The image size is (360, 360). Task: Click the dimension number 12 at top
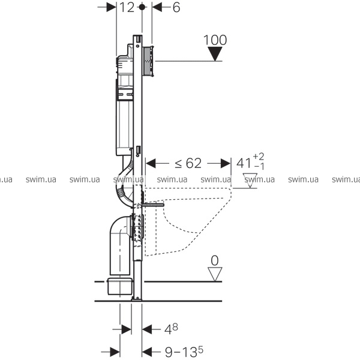pyautogui.click(x=127, y=8)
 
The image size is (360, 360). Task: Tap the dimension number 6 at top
pyautogui.click(x=176, y=8)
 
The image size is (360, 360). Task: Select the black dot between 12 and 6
pyautogui.click(x=142, y=7)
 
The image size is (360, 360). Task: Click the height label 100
pyautogui.click(x=215, y=40)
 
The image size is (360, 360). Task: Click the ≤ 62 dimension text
pyautogui.click(x=188, y=163)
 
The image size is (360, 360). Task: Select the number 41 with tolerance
pyautogui.click(x=244, y=163)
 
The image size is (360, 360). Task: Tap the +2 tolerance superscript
pyautogui.click(x=259, y=157)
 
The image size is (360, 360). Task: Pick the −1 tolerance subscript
pyautogui.click(x=259, y=166)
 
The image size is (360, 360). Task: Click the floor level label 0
pyautogui.click(x=215, y=260)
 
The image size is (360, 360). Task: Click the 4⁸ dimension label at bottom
pyautogui.click(x=171, y=329)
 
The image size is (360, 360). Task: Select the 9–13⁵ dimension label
pyautogui.click(x=184, y=352)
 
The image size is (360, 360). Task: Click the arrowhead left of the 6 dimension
pyautogui.click(x=157, y=7)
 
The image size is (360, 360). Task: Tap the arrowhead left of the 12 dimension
pyautogui.click(x=112, y=7)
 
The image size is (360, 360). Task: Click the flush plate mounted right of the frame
pyautogui.click(x=148, y=61)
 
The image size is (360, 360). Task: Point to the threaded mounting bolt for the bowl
pyautogui.click(x=153, y=205)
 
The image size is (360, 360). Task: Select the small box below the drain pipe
pyautogui.click(x=120, y=286)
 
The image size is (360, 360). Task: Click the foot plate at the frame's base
pyautogui.click(x=137, y=298)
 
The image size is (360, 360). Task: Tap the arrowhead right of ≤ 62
pyautogui.click(x=226, y=163)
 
